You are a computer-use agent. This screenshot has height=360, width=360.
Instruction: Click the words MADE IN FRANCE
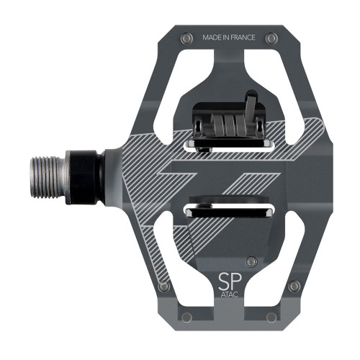229,37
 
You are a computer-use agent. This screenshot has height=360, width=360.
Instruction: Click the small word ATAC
229,294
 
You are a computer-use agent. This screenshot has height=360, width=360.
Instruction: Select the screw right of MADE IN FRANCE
271,37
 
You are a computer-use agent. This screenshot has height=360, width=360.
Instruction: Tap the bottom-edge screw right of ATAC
271,316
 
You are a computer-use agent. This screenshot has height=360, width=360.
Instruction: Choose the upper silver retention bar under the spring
229,145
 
